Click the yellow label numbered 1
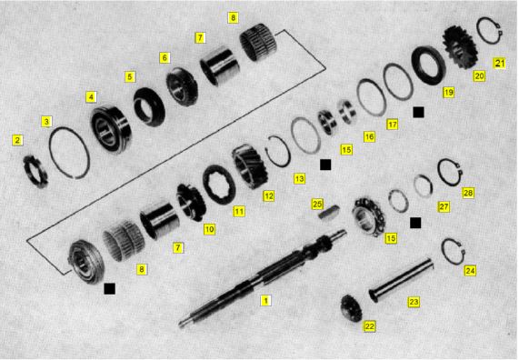tap(265, 301)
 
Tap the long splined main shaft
tap(263, 278)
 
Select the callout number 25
tap(317, 205)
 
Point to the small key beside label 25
tap(329, 213)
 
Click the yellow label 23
tap(414, 302)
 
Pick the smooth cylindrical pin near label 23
tap(401, 280)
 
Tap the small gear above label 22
tap(351, 308)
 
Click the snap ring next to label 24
tap(454, 252)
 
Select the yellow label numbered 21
tap(499, 63)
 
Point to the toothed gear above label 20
tap(460, 47)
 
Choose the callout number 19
tap(448, 92)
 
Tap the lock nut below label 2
tap(35, 171)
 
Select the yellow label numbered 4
tap(91, 97)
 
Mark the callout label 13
tap(299, 179)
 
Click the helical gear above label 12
tap(249, 166)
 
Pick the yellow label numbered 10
tap(209, 229)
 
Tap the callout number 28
tap(468, 193)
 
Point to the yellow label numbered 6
tap(165, 58)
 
